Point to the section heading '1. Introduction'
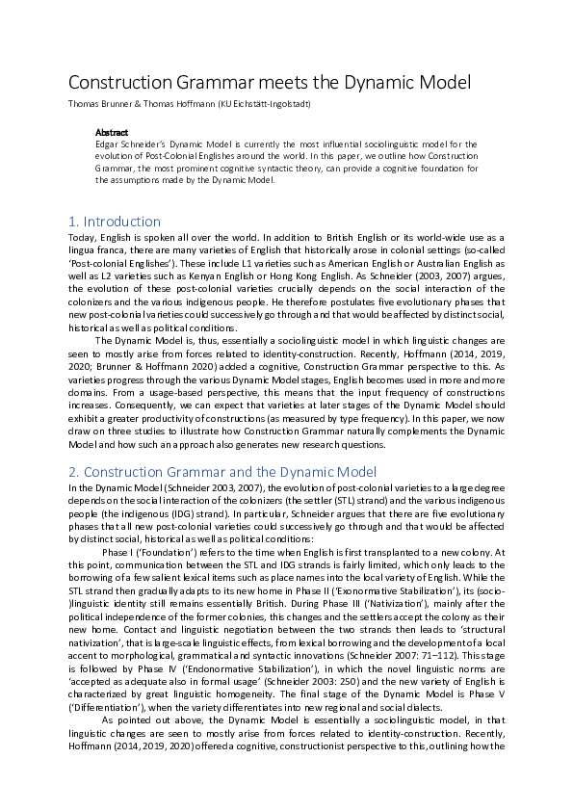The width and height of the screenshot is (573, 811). pos(115,222)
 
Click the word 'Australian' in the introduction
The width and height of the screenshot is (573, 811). pos(450,260)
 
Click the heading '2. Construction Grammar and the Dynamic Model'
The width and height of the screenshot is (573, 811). pos(221,471)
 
